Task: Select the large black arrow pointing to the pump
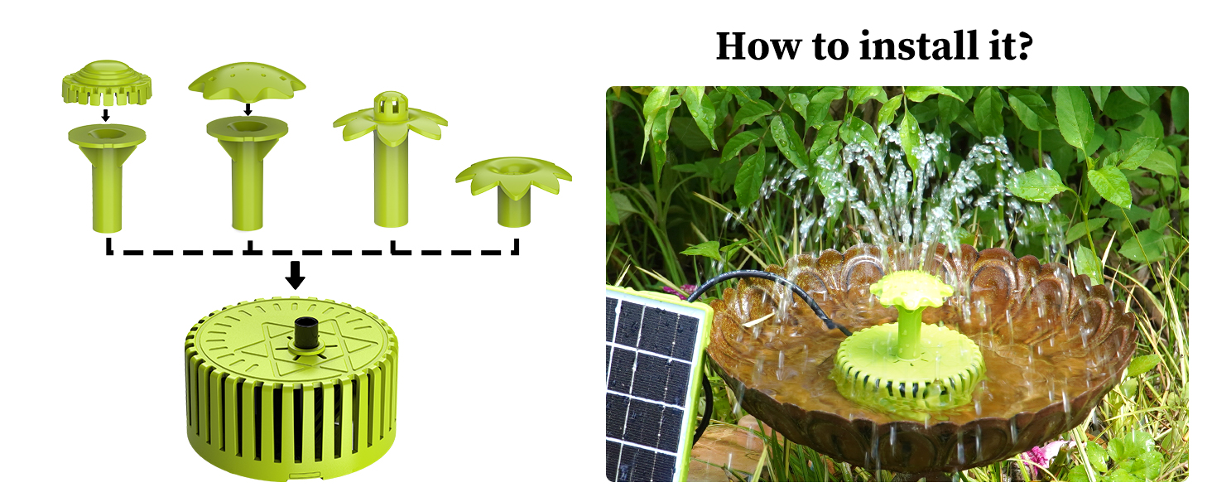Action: click(295, 275)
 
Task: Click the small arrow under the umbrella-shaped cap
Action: click(248, 109)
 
